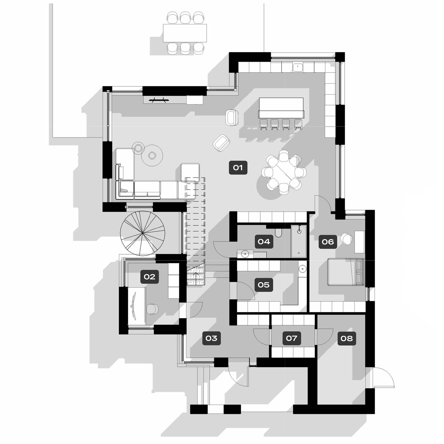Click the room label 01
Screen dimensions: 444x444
click(238, 168)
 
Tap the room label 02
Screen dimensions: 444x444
click(149, 277)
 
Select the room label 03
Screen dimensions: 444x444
click(211, 338)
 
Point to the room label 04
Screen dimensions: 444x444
click(264, 241)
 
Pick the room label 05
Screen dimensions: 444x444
click(263, 285)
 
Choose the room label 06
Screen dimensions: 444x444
click(328, 242)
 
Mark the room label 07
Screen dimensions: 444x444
click(292, 338)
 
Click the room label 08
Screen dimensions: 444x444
click(347, 338)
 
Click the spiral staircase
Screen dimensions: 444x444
click(142, 233)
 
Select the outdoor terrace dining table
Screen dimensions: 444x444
click(185, 33)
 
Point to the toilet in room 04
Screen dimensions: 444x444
click(278, 233)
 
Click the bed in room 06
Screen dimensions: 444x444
click(345, 272)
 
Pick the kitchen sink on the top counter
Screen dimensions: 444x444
click(298, 67)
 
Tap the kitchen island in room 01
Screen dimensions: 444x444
click(281, 108)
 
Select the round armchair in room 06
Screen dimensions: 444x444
click(346, 239)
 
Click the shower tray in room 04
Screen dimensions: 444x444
click(299, 241)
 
